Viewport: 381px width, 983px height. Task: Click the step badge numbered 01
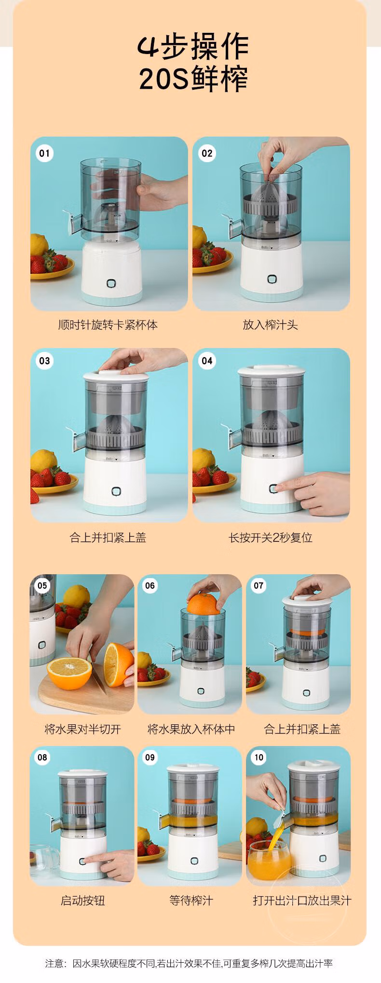pyautogui.click(x=44, y=153)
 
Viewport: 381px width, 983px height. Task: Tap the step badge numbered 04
pyautogui.click(x=207, y=360)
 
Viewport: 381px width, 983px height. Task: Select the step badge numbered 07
pyautogui.click(x=259, y=585)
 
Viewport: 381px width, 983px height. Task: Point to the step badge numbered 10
pyautogui.click(x=259, y=757)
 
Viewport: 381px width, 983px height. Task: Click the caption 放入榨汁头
pyautogui.click(x=271, y=325)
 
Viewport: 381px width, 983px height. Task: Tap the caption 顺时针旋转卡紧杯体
pyautogui.click(x=108, y=325)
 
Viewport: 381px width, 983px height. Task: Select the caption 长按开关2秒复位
pyautogui.click(x=271, y=537)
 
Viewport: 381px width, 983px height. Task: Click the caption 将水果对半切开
pyautogui.click(x=82, y=729)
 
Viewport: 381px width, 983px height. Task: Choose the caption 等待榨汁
pyautogui.click(x=191, y=900)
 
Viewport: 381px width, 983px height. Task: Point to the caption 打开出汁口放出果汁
pyautogui.click(x=302, y=900)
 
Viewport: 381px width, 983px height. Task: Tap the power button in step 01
pyautogui.click(x=112, y=284)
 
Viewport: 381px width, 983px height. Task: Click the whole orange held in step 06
pyautogui.click(x=203, y=604)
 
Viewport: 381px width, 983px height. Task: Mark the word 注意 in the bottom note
pyautogui.click(x=54, y=964)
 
